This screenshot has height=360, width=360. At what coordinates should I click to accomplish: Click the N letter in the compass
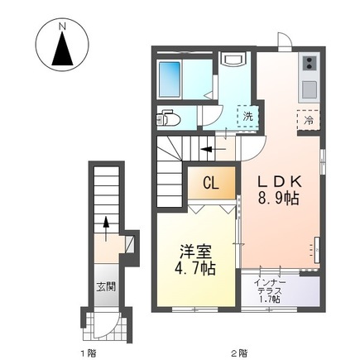point(62,27)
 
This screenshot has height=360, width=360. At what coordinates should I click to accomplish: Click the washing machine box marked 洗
point(247,117)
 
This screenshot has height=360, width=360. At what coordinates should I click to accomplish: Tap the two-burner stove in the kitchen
point(310,64)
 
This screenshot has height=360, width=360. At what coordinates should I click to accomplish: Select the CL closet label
point(210,183)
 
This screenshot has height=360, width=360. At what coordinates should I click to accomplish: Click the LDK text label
point(279,181)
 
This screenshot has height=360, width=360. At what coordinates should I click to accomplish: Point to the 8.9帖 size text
point(279,199)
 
